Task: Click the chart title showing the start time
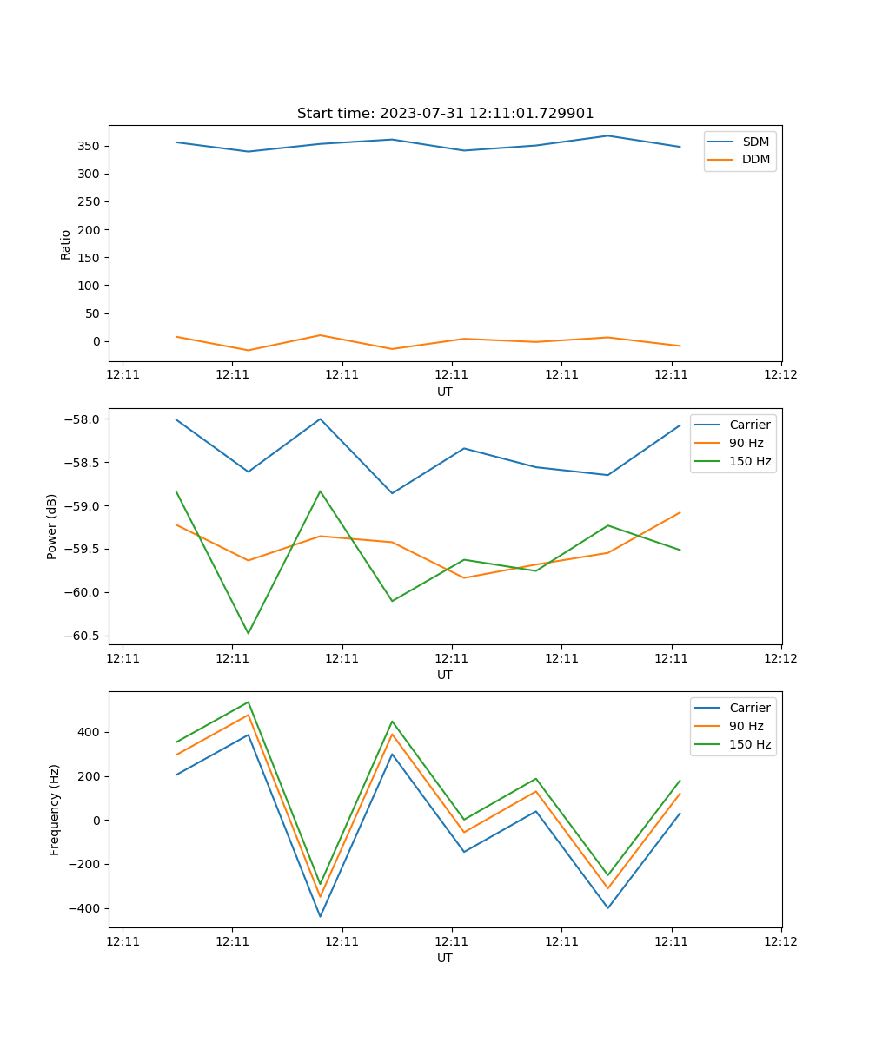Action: point(445,114)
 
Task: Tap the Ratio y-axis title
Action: point(66,244)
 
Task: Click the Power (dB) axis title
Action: point(52,526)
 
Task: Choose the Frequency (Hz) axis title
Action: point(54,809)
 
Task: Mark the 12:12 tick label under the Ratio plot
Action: point(780,376)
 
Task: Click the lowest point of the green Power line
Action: point(249,633)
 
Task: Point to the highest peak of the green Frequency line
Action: point(249,702)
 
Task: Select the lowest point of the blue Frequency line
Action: point(320,916)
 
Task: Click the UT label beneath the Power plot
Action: point(445,675)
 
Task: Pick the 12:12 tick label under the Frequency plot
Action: point(780,942)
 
